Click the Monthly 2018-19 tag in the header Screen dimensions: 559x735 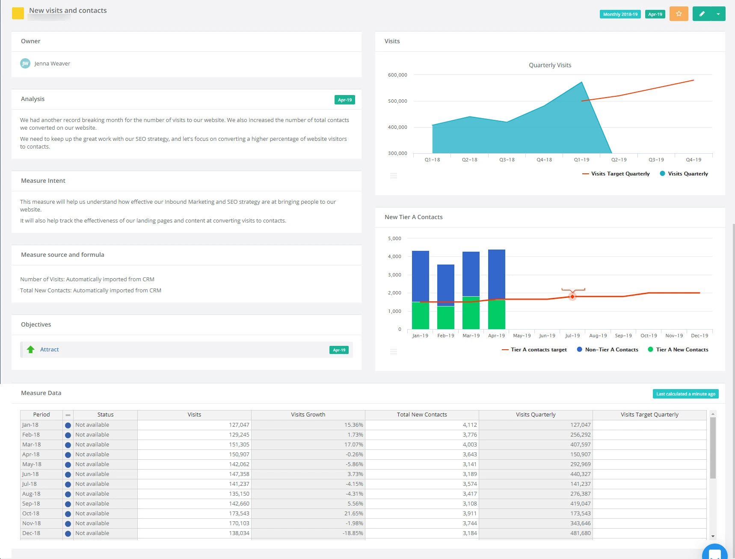620,14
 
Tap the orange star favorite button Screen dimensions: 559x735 679,14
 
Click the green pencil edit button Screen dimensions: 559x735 702,14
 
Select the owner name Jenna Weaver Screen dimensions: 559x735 52,63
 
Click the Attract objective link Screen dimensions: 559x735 50,350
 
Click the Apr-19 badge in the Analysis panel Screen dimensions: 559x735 344,100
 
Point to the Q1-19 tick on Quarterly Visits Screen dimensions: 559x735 581,160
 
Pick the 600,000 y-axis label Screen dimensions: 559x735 397,75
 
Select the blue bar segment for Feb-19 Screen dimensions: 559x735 445,285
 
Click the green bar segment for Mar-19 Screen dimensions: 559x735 471,312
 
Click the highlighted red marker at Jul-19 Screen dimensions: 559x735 572,297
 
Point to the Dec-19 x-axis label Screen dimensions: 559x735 699,336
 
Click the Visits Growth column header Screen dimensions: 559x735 308,415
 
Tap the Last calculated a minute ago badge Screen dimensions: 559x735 685,394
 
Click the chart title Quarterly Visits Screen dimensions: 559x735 550,65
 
